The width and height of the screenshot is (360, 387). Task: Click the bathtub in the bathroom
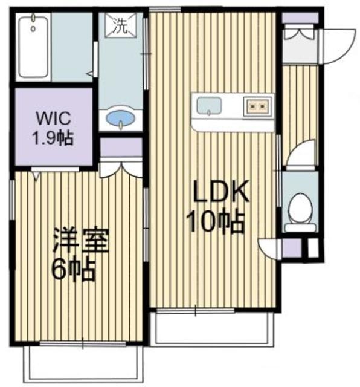click(33, 47)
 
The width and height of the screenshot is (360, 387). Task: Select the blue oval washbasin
click(121, 117)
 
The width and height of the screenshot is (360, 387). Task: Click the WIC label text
click(54, 119)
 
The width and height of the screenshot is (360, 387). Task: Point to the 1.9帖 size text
click(53, 138)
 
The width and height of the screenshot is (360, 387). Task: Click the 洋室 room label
click(81, 240)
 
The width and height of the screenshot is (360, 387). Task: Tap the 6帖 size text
click(73, 270)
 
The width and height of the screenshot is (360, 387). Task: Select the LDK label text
click(220, 191)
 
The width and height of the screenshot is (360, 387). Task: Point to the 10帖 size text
click(216, 220)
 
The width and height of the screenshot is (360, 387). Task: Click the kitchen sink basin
click(209, 106)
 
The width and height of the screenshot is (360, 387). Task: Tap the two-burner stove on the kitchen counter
click(257, 106)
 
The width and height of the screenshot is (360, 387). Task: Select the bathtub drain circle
click(33, 28)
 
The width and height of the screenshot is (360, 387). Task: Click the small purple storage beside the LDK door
click(292, 247)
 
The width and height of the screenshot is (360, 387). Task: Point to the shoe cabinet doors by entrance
click(300, 34)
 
